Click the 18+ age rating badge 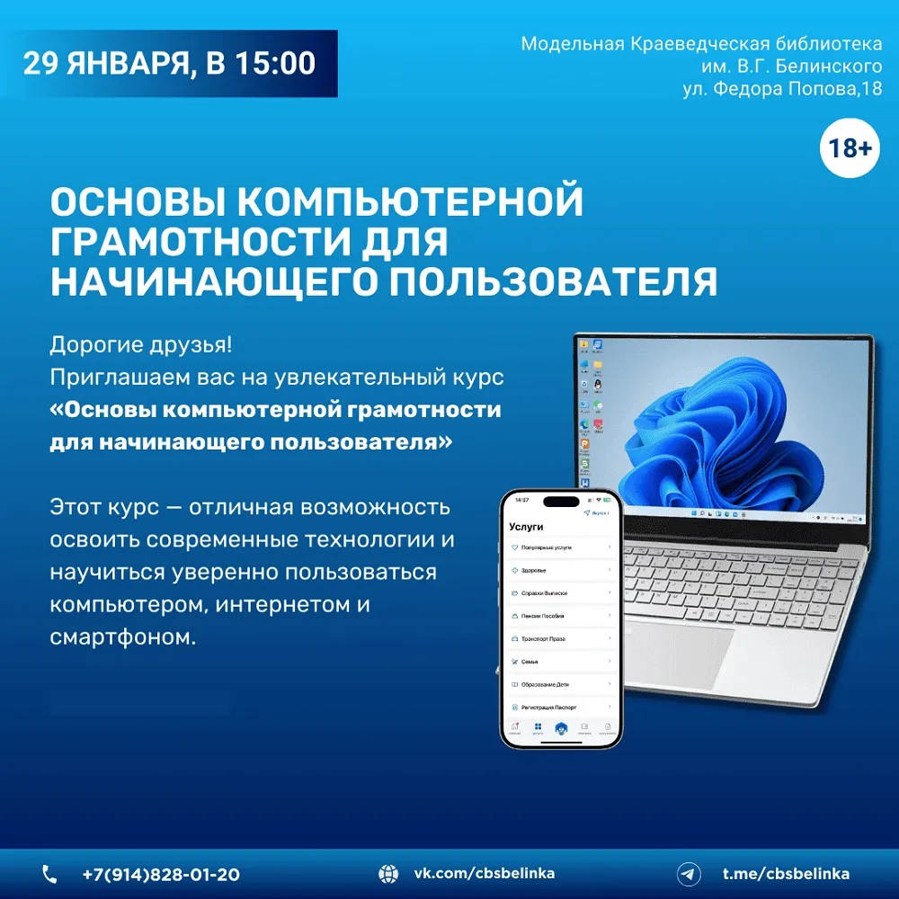tap(849, 148)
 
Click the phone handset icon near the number tap(49, 874)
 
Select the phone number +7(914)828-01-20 tap(161, 874)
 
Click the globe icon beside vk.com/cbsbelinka tap(388, 874)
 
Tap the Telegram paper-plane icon tap(689, 874)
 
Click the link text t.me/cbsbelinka tap(786, 874)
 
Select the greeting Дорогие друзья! tap(141, 346)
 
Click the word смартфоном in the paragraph tap(121, 637)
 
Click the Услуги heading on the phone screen tap(527, 528)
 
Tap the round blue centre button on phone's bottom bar tap(561, 728)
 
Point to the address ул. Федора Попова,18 tap(782, 88)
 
